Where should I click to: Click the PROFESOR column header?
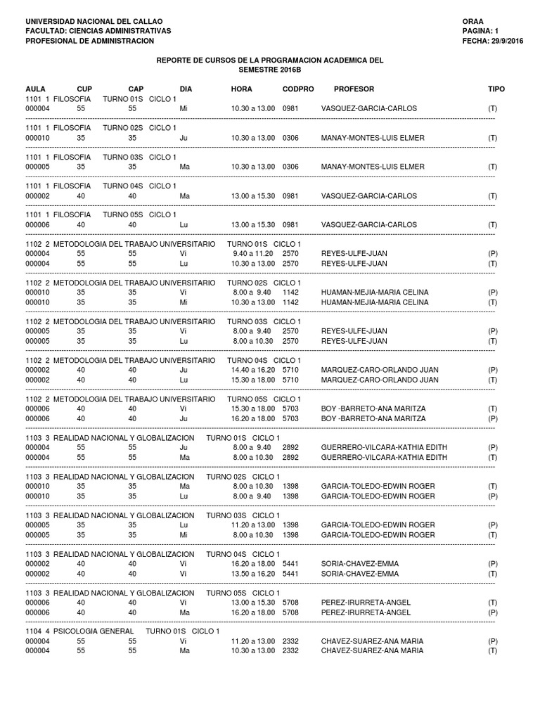coord(354,89)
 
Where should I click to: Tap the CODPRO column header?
coord(298,89)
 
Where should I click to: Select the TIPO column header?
coord(496,89)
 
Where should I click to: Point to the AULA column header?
coord(35,89)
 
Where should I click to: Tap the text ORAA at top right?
coord(473,21)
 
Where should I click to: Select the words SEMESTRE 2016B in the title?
coord(269,70)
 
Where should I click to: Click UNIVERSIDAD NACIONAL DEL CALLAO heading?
coord(94,21)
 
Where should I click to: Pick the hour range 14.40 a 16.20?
coord(253,370)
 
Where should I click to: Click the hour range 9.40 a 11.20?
coord(253,253)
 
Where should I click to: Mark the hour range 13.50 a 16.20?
coord(253,574)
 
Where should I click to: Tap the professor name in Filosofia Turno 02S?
coord(373,138)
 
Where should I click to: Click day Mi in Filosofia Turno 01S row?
coord(184,108)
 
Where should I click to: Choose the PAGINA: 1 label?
coord(480,31)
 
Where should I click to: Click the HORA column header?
coord(241,89)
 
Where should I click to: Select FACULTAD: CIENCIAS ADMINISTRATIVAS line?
coord(98,31)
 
